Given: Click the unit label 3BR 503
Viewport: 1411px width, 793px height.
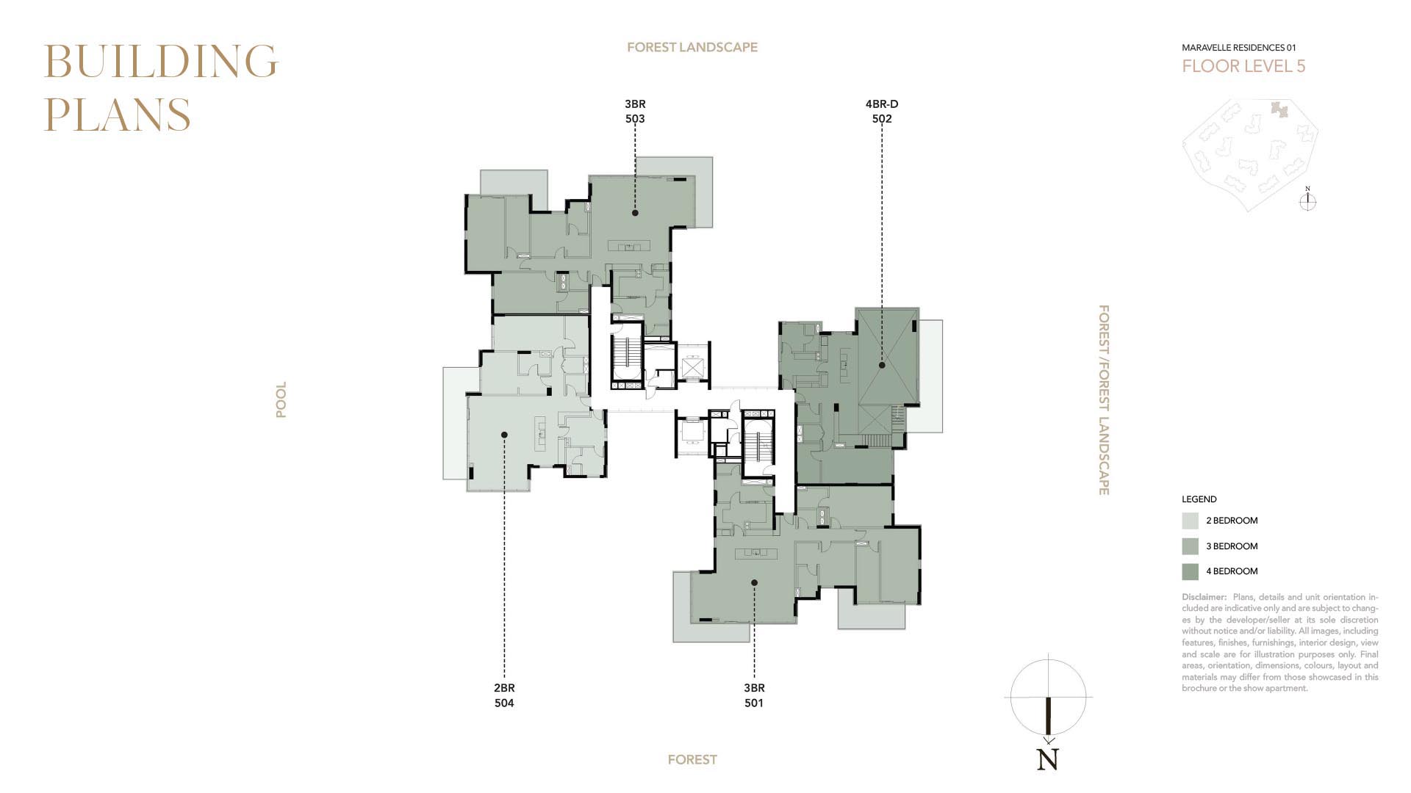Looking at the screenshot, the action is tap(635, 111).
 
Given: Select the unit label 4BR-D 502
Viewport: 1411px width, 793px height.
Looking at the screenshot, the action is tap(882, 111).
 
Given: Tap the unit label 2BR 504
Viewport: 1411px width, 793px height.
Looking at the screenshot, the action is tap(504, 695).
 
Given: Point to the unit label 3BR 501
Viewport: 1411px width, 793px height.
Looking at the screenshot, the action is tap(754, 695).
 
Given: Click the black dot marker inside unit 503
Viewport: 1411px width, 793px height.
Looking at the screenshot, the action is tap(635, 213).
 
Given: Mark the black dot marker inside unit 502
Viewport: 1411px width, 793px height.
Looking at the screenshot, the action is tap(882, 365).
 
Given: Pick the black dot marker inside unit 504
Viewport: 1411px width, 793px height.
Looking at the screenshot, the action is tap(504, 435).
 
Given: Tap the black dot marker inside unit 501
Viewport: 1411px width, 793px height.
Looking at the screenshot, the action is tap(754, 583).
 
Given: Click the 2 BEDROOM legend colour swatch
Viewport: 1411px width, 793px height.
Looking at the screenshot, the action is tap(1190, 521).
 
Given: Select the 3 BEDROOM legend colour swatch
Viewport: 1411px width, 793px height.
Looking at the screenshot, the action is tap(1190, 546).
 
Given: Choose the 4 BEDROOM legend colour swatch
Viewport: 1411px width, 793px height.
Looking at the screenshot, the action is tap(1190, 571).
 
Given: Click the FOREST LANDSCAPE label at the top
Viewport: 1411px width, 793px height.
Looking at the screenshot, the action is tap(692, 47).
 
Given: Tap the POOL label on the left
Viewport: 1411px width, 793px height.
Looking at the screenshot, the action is tap(281, 399).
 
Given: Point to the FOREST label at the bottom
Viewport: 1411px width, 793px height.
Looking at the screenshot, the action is tap(692, 760).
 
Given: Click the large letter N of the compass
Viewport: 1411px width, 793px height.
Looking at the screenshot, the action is tap(1048, 759).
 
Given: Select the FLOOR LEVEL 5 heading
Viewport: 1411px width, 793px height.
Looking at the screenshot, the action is tap(1243, 66).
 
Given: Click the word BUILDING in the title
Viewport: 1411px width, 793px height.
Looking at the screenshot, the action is tap(161, 61).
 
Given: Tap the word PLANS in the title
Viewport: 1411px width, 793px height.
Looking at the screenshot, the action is tap(118, 115).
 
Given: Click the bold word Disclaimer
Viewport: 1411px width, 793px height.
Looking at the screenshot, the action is tap(1204, 597).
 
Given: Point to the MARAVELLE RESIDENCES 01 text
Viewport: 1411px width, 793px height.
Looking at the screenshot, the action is tap(1239, 48).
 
